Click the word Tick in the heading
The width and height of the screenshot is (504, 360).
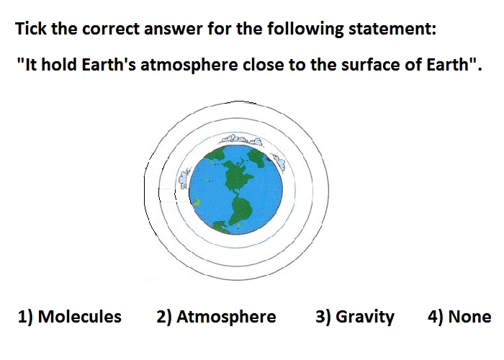pos(31,28)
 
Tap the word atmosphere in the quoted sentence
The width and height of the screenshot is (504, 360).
pos(189,65)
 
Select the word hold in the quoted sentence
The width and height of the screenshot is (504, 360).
pos(60,64)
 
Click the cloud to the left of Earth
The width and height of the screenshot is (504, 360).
pos(183,179)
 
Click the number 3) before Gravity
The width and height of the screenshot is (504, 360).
pos(324,317)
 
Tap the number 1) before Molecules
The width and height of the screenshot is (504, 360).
pos(26,317)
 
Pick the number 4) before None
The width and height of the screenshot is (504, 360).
pos(436,317)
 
